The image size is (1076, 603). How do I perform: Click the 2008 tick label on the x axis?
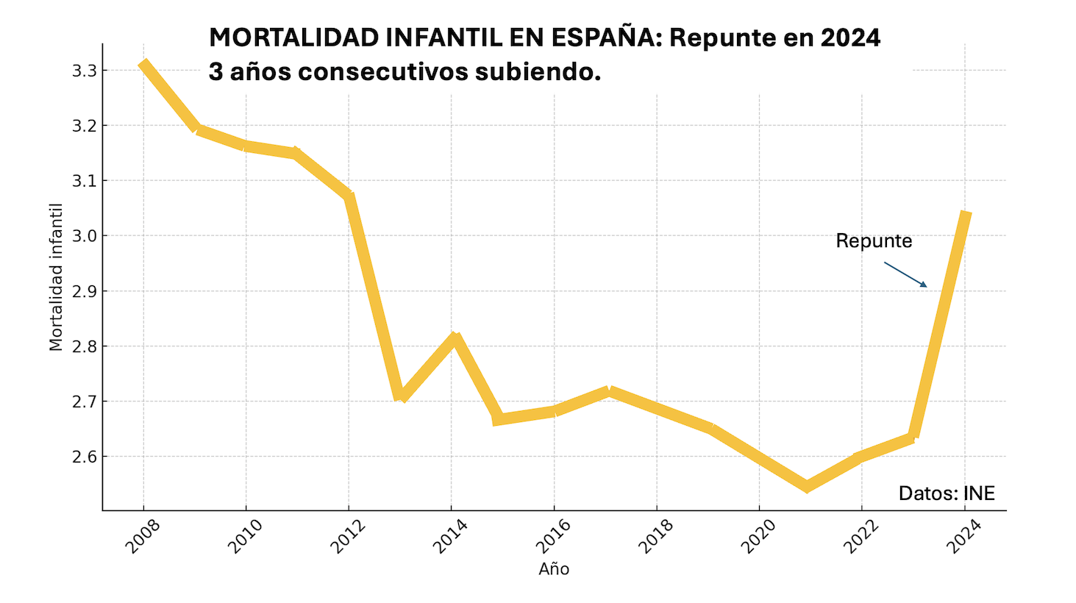143,535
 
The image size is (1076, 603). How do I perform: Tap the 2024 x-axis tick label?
963,535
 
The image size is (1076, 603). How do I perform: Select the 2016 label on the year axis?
553,535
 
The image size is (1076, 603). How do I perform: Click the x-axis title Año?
554,569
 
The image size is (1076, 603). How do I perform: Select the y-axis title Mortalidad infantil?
56,277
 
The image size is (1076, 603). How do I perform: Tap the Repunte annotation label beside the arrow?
874,241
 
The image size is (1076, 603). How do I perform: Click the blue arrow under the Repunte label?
905,274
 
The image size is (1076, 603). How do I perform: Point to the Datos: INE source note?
947,493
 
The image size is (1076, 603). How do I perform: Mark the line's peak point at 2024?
966,214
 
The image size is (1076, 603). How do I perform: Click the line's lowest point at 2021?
807,486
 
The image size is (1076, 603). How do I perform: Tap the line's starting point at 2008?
143,65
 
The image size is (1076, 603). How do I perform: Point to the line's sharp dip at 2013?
400,396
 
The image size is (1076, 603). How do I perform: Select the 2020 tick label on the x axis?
758,535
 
